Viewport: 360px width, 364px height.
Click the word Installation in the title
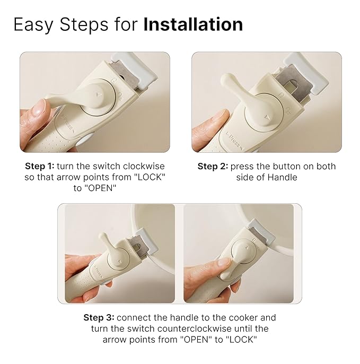[193, 24]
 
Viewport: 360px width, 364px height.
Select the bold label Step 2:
[213, 166]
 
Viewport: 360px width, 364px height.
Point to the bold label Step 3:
[99, 318]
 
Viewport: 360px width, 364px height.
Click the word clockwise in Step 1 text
[144, 166]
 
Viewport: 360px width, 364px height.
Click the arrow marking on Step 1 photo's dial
[101, 92]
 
